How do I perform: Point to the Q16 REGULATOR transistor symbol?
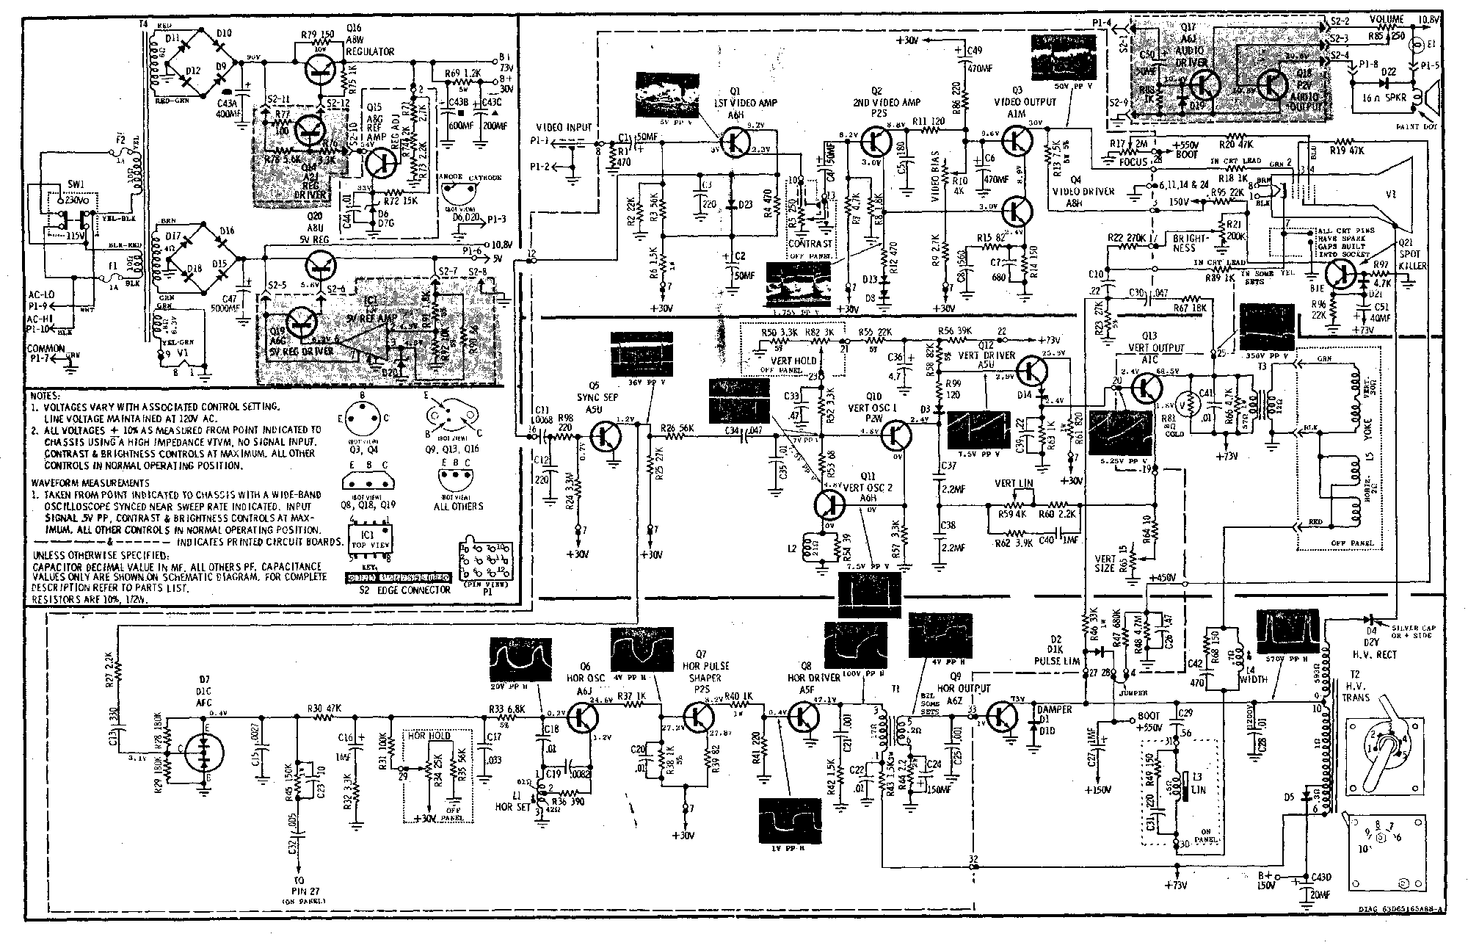click(x=322, y=68)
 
